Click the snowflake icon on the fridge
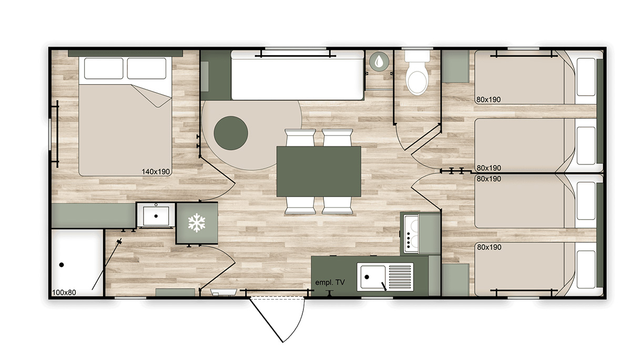tap(197, 223)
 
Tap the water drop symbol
tap(378, 61)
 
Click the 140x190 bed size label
tap(156, 171)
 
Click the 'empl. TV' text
tap(330, 283)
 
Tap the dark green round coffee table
tap(231, 133)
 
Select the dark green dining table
tap(319, 171)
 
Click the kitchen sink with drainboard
tap(385, 277)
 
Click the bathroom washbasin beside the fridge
tap(156, 214)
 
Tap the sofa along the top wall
tap(298, 76)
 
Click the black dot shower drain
tap(62, 265)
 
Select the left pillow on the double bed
tap(103, 68)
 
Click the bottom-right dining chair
tap(337, 205)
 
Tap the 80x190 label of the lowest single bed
tap(488, 247)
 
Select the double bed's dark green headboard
tap(125, 53)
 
